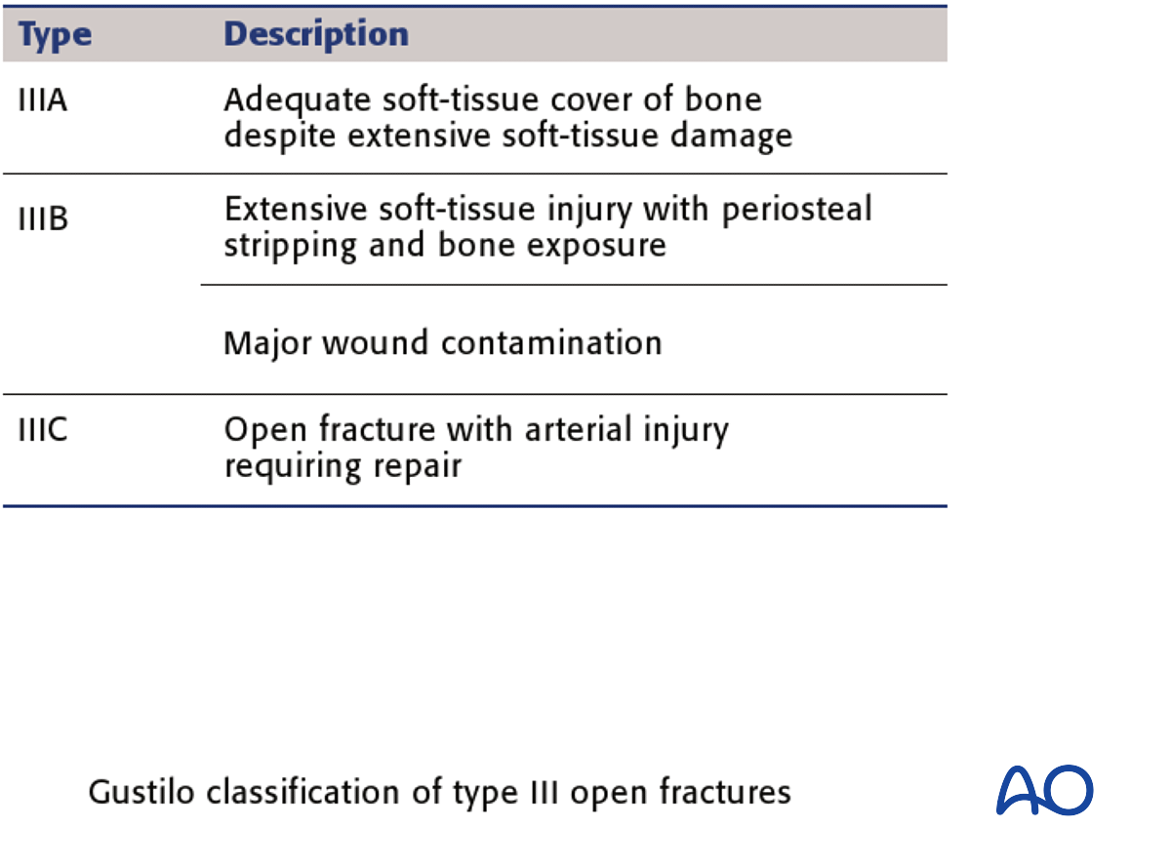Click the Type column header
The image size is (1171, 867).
55,36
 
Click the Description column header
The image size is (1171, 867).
316,35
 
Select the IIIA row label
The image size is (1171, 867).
42,100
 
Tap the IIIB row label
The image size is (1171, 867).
43,219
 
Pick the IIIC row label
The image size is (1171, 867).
43,430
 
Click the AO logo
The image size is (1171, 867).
1044,791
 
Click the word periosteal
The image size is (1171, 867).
796,211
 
